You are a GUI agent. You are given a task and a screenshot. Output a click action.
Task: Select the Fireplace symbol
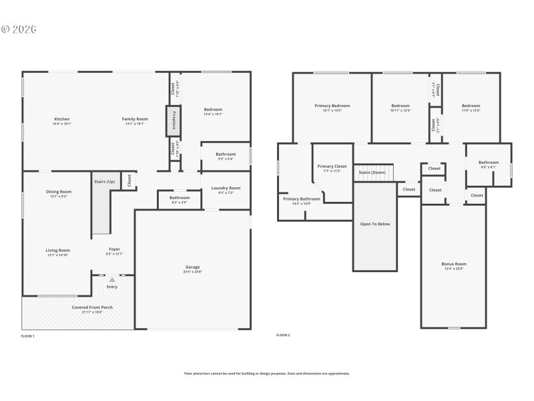point(173,120)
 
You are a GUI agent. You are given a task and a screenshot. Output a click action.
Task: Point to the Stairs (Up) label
point(103,181)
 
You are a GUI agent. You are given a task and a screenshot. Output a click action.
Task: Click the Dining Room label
point(59,192)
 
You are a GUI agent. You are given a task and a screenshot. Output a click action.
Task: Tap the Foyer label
point(115,251)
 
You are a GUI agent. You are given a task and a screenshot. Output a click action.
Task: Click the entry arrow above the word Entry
point(111,279)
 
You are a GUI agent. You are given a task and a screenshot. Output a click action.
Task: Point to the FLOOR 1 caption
point(27,336)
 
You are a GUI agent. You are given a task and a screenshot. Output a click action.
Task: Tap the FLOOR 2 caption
point(283,335)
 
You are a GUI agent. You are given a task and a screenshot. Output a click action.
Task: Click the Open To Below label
point(374,224)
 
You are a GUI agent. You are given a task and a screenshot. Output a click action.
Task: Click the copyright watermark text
point(19,29)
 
